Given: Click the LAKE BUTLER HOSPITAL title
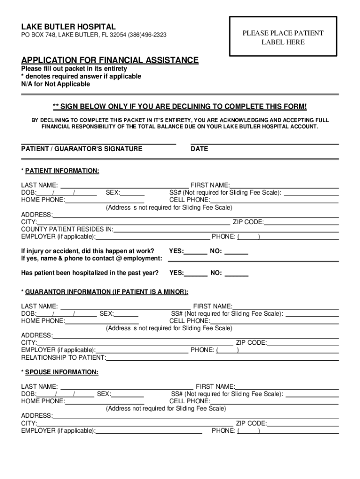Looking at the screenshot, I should click(68, 27).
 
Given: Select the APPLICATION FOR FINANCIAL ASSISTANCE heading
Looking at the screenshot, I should click(110, 60).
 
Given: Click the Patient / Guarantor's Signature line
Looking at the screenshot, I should click(98, 142).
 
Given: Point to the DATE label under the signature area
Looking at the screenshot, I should click(200, 149).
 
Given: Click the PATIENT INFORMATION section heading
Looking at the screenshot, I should click(62, 171).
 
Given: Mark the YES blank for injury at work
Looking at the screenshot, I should click(196, 253).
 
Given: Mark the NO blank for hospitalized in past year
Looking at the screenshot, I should click(237, 275).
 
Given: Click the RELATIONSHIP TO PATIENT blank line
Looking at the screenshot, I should click(223, 359).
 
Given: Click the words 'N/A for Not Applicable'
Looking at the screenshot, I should click(56, 84).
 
